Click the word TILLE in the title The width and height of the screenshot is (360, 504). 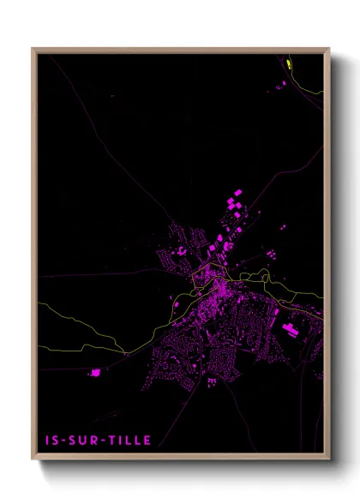click(x=131, y=441)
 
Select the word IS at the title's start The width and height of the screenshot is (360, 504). click(x=51, y=441)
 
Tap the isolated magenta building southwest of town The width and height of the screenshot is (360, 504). click(x=94, y=373)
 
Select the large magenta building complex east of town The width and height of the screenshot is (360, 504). click(x=290, y=329)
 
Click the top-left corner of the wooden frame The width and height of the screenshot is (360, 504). click(x=33, y=49)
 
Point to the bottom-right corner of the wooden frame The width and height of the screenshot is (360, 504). click(x=329, y=459)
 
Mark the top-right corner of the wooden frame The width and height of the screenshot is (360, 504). click(x=329, y=49)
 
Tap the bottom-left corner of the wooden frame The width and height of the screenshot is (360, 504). click(x=33, y=459)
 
